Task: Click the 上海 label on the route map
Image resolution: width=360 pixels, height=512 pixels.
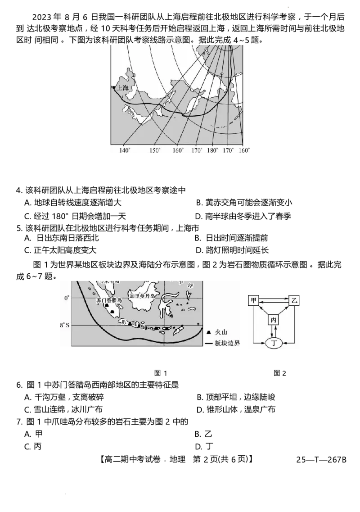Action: coord(123,87)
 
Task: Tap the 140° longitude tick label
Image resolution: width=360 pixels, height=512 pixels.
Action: coord(124,150)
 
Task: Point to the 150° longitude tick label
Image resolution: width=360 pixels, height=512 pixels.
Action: coord(155,150)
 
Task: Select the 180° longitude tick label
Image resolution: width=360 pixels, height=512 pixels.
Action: coord(212,150)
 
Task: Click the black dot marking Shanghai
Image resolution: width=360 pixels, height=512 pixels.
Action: coord(113,87)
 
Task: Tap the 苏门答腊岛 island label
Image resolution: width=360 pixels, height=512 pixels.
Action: coord(109,300)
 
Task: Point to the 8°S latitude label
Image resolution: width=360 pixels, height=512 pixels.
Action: coord(65,325)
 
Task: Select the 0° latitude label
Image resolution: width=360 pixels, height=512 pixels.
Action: coord(67,298)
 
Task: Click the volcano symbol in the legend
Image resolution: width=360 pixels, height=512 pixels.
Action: coord(209,332)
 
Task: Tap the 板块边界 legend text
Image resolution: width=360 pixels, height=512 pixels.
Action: coord(227,343)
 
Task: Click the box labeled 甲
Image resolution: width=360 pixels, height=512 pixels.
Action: coord(253,300)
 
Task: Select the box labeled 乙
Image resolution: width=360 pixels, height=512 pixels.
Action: coord(294,300)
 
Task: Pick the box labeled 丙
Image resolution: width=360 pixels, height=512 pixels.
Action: coord(274,320)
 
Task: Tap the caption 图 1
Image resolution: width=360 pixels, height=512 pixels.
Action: coord(161,373)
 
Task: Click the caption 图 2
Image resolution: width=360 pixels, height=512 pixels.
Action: coord(280,373)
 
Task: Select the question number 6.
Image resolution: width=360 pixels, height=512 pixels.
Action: coord(19,385)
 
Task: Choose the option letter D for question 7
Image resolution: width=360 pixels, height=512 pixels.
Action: coord(198,446)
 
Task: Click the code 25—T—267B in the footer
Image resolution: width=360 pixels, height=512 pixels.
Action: coord(321,459)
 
